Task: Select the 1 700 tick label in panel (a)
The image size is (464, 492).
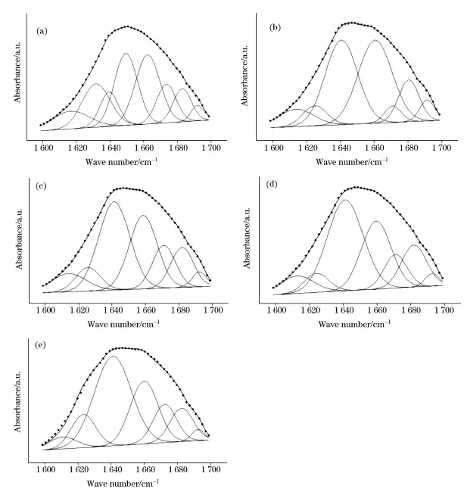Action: [210, 149]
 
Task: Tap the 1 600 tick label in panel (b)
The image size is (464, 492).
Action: [275, 149]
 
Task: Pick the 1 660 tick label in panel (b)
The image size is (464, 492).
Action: [375, 149]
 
